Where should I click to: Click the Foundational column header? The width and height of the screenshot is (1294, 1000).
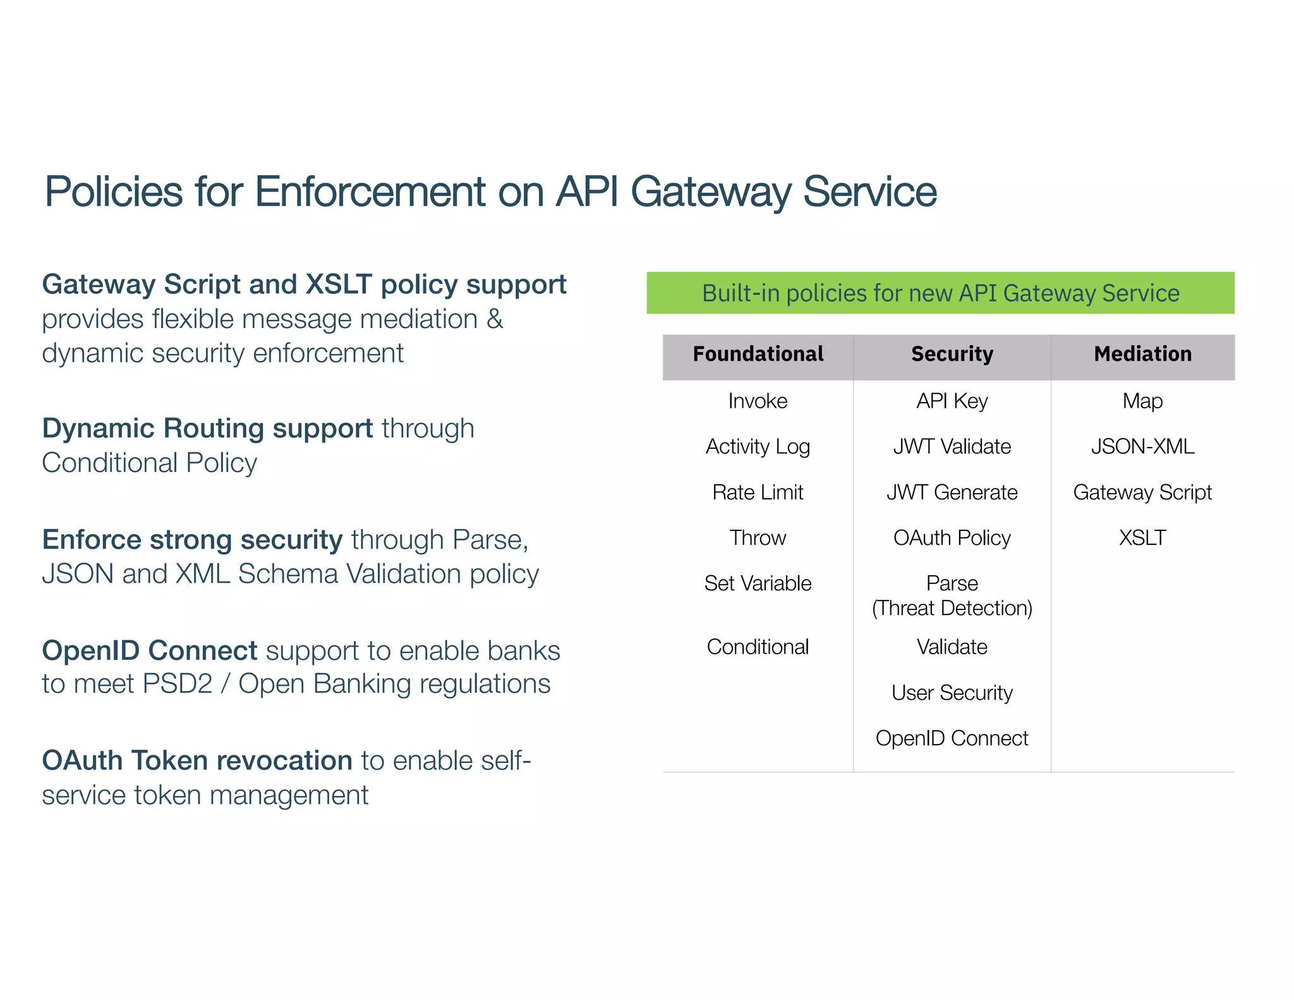[x=758, y=354]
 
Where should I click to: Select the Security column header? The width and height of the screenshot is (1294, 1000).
[x=952, y=354]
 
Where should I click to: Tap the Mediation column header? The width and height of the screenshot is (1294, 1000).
[x=1142, y=354]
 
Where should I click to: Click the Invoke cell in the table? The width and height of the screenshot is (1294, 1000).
[x=758, y=401]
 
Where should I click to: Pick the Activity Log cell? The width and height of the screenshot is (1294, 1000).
[x=758, y=447]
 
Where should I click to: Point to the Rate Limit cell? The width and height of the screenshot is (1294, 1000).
[x=758, y=492]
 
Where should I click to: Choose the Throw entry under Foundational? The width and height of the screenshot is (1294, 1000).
[x=758, y=538]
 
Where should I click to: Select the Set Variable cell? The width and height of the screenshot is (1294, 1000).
[x=758, y=583]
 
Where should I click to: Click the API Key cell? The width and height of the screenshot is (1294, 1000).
[x=952, y=401]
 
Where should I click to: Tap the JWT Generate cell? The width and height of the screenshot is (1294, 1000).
[x=952, y=492]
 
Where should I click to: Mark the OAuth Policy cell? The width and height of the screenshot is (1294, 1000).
[x=952, y=538]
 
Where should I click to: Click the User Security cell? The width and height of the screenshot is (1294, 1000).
[x=952, y=693]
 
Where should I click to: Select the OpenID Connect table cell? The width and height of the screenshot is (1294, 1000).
[x=952, y=738]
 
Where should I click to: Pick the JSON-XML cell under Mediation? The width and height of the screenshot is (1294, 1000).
[x=1142, y=447]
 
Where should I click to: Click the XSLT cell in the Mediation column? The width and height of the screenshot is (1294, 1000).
[x=1142, y=538]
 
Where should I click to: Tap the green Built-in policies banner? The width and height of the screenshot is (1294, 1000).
[x=940, y=293]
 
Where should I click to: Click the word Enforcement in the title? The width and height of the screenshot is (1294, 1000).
[x=370, y=192]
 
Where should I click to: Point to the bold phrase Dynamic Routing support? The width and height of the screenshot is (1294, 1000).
[x=207, y=429]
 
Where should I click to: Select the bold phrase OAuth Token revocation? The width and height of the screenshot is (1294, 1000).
[x=197, y=761]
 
